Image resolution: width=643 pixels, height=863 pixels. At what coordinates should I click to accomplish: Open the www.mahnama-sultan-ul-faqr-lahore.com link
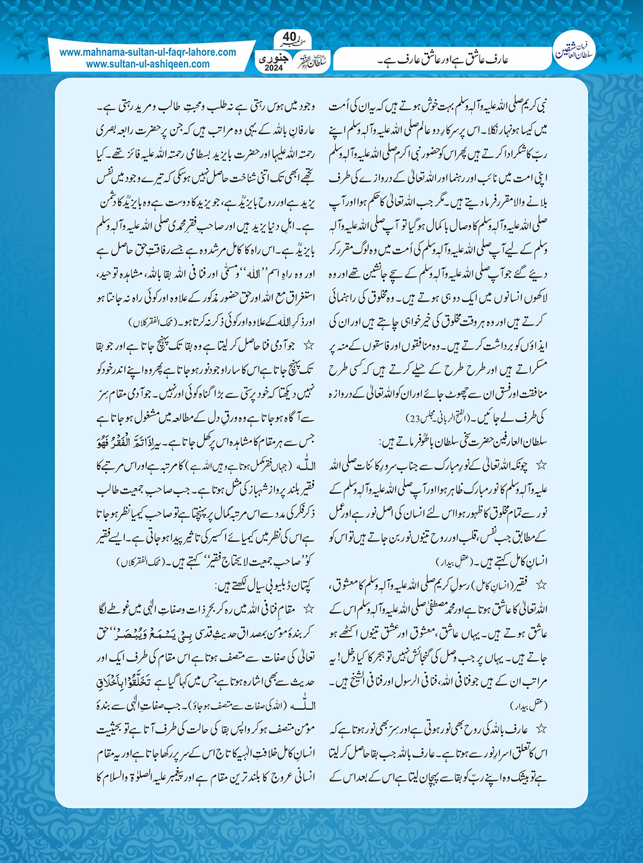click(x=148, y=53)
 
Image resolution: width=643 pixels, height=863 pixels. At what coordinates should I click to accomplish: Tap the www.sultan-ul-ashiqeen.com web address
click(x=148, y=64)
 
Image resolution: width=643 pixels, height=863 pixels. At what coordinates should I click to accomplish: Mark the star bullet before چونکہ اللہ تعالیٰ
click(x=541, y=465)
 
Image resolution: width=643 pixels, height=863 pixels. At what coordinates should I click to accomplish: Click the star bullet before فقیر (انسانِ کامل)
click(x=541, y=585)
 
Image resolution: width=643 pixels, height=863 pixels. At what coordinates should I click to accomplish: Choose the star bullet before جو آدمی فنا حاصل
click(x=308, y=345)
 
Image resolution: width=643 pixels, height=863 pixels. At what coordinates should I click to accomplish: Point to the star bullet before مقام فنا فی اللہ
click(x=308, y=608)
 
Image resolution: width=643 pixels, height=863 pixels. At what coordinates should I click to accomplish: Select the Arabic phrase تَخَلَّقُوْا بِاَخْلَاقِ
click(x=125, y=680)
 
